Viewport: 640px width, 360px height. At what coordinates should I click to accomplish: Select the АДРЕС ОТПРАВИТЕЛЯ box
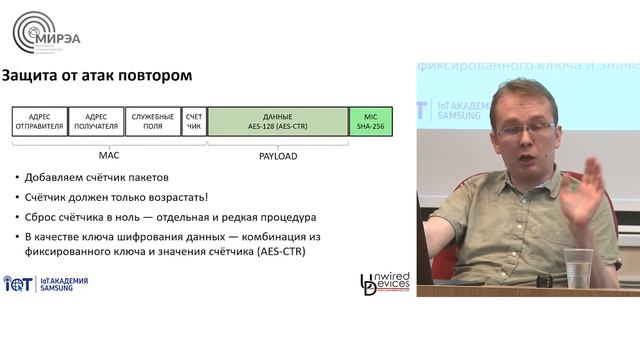point(40,121)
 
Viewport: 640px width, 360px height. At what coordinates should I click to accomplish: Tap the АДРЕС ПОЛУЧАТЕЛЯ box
point(97,121)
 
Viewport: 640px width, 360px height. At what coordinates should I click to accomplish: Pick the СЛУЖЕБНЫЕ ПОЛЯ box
point(153,121)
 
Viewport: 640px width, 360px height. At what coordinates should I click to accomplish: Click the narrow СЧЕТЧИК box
point(194,121)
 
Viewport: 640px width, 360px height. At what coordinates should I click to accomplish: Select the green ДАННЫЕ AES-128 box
point(277,121)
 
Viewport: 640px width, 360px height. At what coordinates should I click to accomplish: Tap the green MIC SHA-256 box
point(371,121)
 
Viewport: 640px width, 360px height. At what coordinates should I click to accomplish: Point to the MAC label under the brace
point(109,156)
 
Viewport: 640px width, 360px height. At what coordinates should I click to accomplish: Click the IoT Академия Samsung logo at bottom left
point(45,285)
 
